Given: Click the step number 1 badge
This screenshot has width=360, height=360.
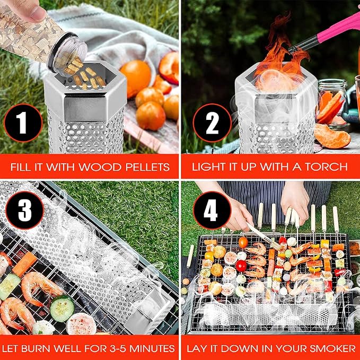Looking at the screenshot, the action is click(x=23, y=123).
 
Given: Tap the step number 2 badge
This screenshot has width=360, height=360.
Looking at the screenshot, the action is click(x=212, y=123).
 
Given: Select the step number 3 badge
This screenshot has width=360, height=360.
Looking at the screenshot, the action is click(x=25, y=210).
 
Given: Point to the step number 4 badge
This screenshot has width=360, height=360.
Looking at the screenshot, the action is click(x=212, y=210).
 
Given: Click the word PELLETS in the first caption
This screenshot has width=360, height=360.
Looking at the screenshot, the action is click(x=146, y=167).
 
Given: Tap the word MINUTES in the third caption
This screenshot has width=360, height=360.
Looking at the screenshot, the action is click(x=152, y=348).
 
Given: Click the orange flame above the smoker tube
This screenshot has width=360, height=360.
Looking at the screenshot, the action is click(x=279, y=53).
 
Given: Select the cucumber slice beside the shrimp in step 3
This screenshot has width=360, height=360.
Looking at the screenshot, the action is click(x=62, y=309).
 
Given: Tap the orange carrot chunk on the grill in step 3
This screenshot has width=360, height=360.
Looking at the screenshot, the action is click(x=24, y=264).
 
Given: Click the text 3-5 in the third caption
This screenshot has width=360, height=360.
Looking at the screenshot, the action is click(x=117, y=348).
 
